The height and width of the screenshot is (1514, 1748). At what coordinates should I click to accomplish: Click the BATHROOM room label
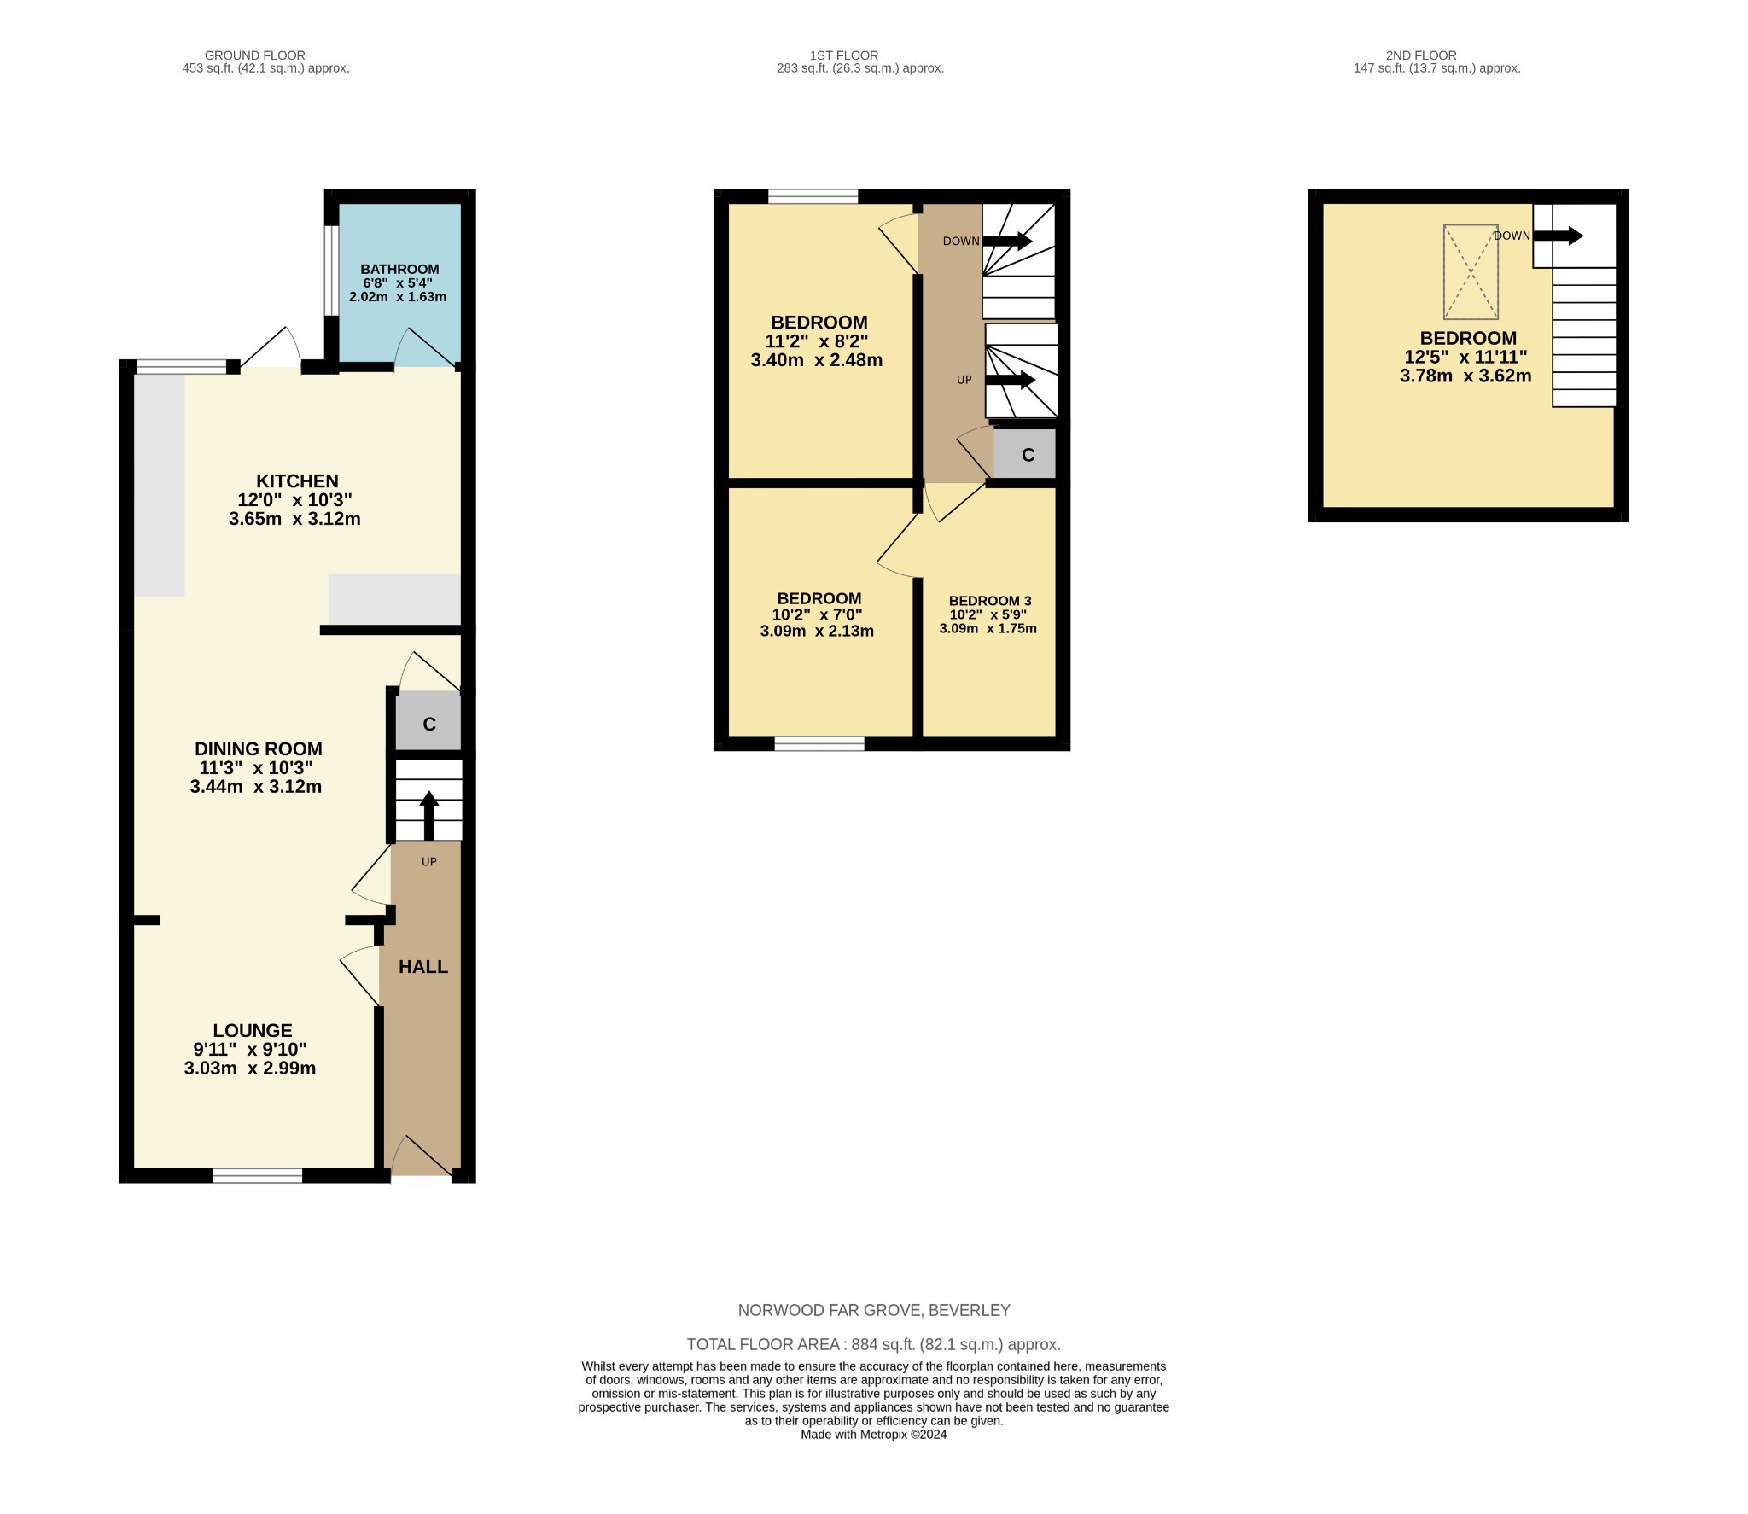click(399, 269)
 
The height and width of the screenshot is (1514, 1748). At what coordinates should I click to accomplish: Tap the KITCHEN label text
click(297, 481)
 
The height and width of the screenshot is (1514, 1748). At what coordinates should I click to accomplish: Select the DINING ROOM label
click(258, 749)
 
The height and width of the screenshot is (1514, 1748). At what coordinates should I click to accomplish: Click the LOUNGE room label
click(252, 1031)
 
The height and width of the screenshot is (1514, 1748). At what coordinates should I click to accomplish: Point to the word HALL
click(423, 967)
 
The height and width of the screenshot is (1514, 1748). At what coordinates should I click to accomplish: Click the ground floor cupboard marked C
click(428, 725)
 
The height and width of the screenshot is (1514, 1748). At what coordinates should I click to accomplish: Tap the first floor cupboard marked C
click(1028, 455)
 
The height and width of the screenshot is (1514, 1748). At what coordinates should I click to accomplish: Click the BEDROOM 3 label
click(989, 601)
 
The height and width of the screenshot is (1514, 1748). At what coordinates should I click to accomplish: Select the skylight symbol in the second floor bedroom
click(1470, 271)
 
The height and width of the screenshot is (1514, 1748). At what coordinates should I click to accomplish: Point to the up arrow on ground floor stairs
click(428, 814)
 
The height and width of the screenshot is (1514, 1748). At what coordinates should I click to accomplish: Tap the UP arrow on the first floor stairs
click(1010, 380)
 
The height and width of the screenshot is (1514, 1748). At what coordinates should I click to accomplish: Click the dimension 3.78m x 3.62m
click(1465, 376)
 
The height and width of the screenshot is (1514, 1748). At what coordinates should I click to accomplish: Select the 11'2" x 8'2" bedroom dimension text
click(816, 341)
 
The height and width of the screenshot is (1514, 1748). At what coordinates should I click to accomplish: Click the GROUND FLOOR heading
click(254, 55)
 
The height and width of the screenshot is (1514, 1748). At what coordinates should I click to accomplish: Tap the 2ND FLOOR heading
click(1420, 55)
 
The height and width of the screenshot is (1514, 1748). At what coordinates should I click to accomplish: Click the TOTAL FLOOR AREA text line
click(873, 1344)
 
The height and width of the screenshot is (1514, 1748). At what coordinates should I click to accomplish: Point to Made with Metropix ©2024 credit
click(873, 1435)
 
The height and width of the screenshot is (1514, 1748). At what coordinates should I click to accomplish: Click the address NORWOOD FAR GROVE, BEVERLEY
click(873, 1310)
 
